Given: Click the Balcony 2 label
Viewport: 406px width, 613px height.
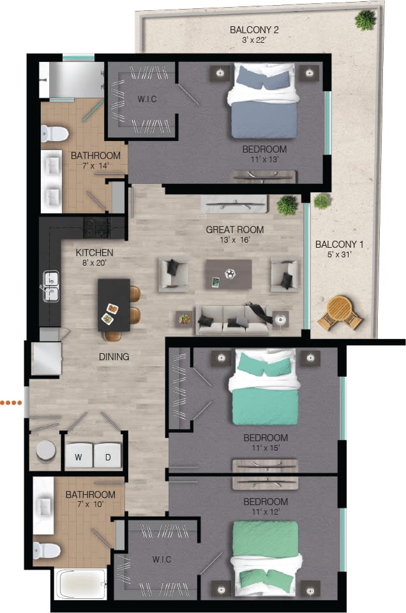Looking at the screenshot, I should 254,29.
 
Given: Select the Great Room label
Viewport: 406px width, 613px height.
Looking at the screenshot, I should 234,230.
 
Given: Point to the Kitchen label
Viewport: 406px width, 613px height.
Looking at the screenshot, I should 94,253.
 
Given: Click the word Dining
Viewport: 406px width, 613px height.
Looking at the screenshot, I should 114,356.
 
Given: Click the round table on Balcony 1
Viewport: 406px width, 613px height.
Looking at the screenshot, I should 339,311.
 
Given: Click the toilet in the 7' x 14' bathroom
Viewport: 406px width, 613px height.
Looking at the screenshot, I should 54,133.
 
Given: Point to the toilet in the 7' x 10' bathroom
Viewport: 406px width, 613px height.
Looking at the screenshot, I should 46,549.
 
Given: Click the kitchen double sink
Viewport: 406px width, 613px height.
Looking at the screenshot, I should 50,285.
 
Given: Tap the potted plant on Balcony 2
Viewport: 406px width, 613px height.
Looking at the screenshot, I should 366,19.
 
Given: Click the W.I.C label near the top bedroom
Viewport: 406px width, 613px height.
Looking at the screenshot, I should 147,100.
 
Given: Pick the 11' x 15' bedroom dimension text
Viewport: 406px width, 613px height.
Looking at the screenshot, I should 265,448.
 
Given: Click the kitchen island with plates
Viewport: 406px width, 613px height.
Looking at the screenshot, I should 114,305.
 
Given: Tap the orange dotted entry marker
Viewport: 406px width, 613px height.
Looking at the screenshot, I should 11,402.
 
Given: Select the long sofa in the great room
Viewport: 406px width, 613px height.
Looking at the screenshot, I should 231,321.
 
